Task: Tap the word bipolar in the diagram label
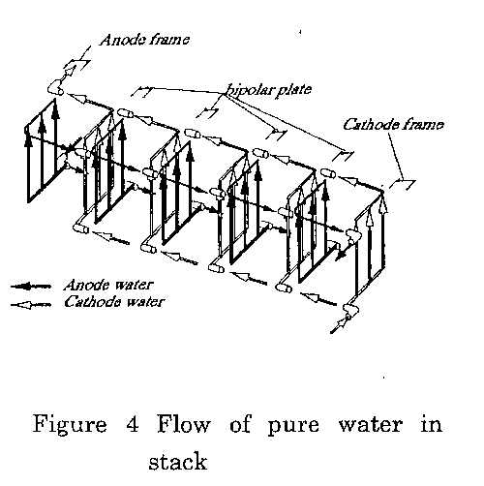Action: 249,90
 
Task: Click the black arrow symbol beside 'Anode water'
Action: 31,287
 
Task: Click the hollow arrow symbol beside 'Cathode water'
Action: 31,304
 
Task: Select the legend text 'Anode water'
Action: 108,285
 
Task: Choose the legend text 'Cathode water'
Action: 114,302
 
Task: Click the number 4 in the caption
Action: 133,424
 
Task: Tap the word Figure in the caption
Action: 70,425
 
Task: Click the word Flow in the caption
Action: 183,424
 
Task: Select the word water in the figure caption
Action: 371,425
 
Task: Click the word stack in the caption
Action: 178,461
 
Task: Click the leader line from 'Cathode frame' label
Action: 396,156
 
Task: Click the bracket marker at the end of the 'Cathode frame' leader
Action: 403,184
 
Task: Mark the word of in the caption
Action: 240,424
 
